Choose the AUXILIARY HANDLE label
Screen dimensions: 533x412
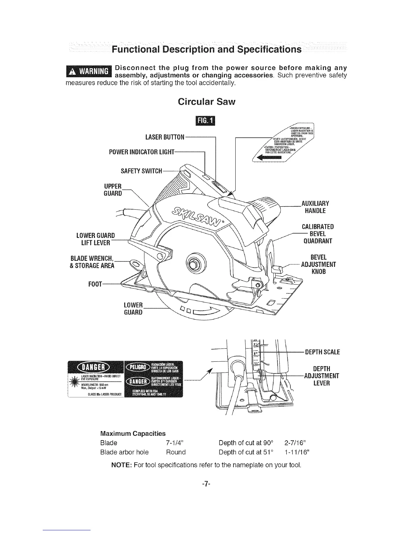[x=315, y=207]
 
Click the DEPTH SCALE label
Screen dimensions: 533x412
[x=322, y=352]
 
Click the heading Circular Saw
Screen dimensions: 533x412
[x=206, y=102]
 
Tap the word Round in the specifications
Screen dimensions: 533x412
[x=176, y=452]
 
